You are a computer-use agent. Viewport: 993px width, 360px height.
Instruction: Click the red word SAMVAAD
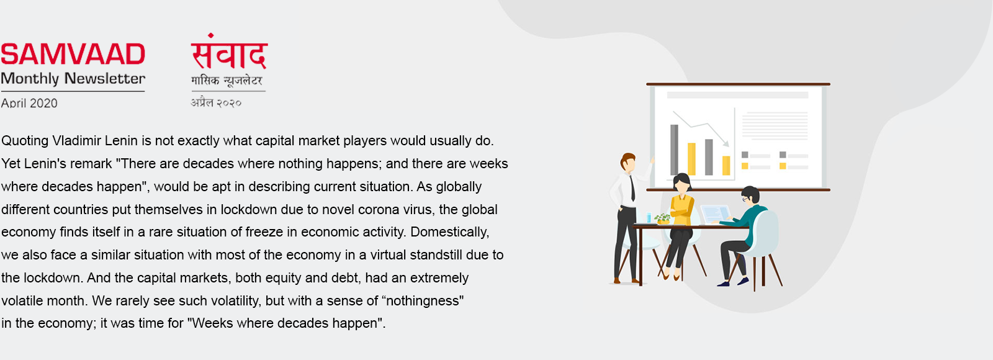pos(73,54)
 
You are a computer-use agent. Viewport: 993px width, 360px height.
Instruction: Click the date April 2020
pos(29,103)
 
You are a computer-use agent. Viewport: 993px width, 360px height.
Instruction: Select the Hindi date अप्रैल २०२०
pos(216,102)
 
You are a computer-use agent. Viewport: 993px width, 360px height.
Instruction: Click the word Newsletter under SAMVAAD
pos(105,78)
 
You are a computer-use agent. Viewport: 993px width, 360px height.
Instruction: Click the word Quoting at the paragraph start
pos(25,141)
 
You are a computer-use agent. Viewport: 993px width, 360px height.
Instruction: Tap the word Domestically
pos(449,232)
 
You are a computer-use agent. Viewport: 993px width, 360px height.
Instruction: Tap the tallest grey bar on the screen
pos(674,150)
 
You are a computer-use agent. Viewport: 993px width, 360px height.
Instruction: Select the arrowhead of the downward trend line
pos(726,143)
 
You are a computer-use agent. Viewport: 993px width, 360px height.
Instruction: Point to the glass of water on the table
pos(649,217)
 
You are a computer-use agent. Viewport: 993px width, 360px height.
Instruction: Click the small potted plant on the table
pos(663,218)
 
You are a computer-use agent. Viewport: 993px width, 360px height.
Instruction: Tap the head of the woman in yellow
pos(682,182)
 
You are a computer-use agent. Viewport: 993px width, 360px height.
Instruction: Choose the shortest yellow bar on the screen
pos(726,165)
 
